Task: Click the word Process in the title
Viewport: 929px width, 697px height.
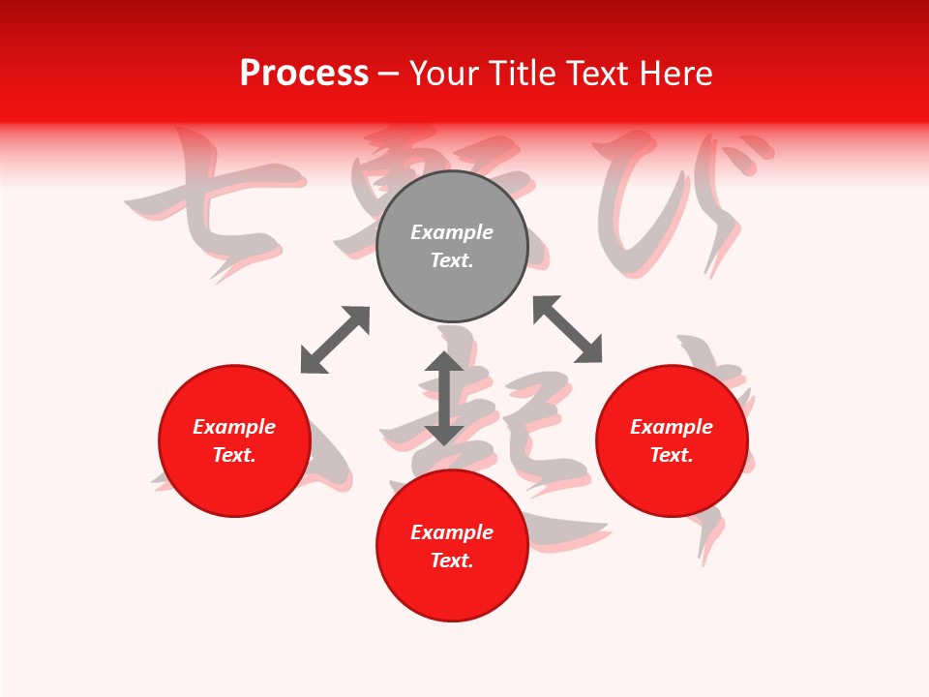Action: pyautogui.click(x=304, y=74)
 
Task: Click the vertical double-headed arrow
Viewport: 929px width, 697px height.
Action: pyautogui.click(x=444, y=398)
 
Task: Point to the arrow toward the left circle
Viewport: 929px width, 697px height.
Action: pyautogui.click(x=335, y=340)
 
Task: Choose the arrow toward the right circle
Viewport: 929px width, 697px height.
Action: pyautogui.click(x=567, y=329)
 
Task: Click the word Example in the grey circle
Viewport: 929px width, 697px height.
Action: pyautogui.click(x=452, y=232)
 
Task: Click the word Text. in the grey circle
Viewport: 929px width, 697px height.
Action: pyautogui.click(x=452, y=260)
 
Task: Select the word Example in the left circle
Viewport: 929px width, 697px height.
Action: pyautogui.click(x=234, y=427)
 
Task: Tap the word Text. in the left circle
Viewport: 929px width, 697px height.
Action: pyautogui.click(x=234, y=455)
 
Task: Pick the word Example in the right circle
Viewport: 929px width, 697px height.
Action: pyautogui.click(x=672, y=427)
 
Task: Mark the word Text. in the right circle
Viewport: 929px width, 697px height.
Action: pyautogui.click(x=672, y=455)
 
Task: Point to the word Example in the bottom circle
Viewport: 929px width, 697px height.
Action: pyautogui.click(x=452, y=532)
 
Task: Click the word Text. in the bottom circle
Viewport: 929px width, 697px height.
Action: pyautogui.click(x=452, y=561)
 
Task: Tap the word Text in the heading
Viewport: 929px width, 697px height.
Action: pyautogui.click(x=598, y=74)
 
